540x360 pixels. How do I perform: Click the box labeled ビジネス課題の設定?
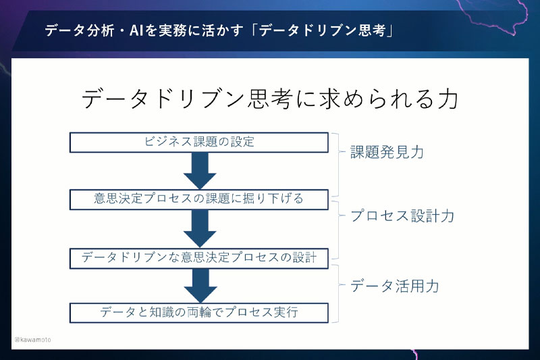[199, 143]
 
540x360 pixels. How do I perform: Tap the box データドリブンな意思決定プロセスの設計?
[199, 257]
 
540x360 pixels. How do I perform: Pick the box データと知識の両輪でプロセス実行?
[199, 312]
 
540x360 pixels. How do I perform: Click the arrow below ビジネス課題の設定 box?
[199, 171]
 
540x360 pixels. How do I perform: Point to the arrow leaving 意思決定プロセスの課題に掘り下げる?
[199, 228]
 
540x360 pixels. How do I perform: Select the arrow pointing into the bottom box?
[199, 285]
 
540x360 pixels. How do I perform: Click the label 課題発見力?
[387, 152]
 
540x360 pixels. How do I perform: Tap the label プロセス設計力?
[402, 216]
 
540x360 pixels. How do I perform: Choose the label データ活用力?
[394, 286]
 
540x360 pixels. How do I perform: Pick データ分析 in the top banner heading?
[74, 31]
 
